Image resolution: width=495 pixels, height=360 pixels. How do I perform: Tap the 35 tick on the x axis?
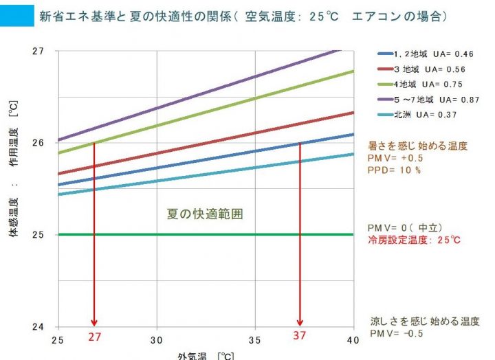pos(254,339)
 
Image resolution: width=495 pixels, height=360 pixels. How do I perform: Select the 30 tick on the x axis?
pos(157,339)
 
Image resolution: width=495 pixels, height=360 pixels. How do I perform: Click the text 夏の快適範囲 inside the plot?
pos(206,214)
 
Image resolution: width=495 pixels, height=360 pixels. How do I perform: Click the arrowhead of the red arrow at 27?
pos(94,322)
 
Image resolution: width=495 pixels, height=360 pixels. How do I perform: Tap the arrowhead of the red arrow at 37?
pos(300,322)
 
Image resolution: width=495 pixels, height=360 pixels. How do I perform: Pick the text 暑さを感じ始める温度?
pos(418,146)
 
